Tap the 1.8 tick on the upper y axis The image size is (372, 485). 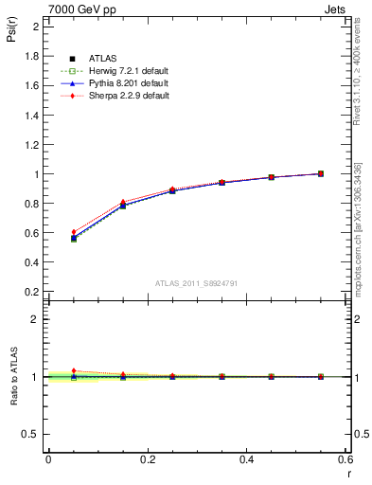32,56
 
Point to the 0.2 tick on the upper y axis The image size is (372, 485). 32,292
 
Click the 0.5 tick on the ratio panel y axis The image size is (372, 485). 32,435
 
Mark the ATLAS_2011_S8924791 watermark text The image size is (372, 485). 196,283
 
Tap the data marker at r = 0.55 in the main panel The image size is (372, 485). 321,173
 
